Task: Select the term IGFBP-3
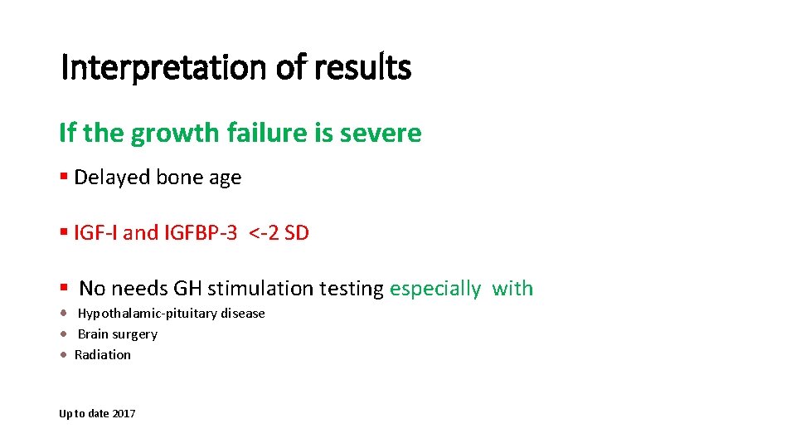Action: (x=201, y=233)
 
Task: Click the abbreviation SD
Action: (x=297, y=233)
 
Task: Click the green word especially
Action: (x=435, y=289)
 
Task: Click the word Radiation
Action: (x=103, y=355)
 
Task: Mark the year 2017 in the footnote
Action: (x=124, y=413)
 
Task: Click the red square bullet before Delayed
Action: (x=64, y=178)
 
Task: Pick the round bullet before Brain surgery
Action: (x=64, y=334)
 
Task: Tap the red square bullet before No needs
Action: (x=64, y=288)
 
